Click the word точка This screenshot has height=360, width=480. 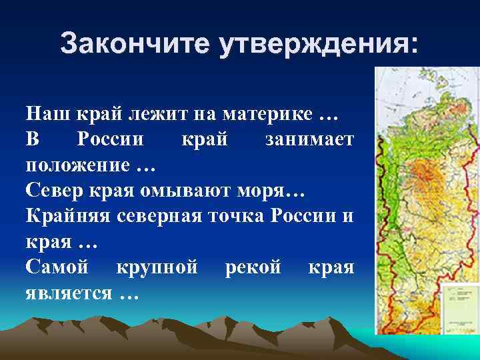tap(253, 217)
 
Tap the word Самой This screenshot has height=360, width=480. tap(57, 268)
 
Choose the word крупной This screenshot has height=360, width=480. tap(157, 268)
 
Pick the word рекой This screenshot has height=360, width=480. tap(253, 268)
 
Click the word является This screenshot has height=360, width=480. tap(69, 294)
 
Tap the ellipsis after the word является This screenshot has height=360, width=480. tap(127, 295)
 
